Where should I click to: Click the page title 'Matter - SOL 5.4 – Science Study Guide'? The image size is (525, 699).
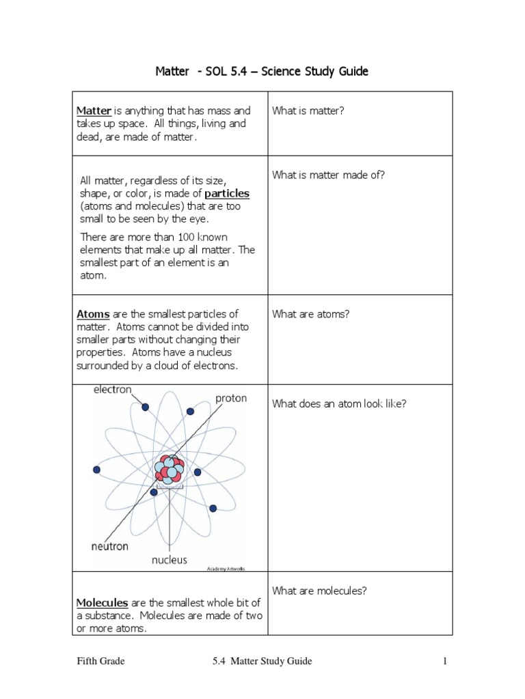click(x=262, y=72)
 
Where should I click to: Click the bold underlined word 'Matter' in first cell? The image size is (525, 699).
click(x=94, y=111)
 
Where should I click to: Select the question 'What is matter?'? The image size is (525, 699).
click(x=308, y=111)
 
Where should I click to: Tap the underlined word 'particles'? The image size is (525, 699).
click(x=227, y=194)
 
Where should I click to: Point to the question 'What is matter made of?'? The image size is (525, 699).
click(x=328, y=175)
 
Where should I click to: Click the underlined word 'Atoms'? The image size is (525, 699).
click(x=93, y=314)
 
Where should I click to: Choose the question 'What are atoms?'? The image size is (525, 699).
click(x=310, y=314)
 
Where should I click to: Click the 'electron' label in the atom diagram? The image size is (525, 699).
click(x=112, y=390)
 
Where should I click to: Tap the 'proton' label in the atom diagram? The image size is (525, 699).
click(x=231, y=399)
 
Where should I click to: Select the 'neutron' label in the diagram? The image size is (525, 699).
click(x=109, y=546)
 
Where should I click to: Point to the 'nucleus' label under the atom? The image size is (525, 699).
click(x=169, y=560)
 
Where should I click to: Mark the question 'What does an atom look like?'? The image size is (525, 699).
click(x=339, y=403)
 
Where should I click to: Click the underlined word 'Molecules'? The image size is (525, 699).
click(x=102, y=603)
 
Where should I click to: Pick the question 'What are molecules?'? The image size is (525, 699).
click(x=319, y=591)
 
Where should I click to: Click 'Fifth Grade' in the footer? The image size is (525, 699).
click(x=100, y=661)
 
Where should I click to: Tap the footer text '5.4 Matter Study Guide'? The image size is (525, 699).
click(x=262, y=661)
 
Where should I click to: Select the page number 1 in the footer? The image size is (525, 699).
click(x=444, y=661)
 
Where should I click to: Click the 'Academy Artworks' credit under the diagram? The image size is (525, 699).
click(x=225, y=569)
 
